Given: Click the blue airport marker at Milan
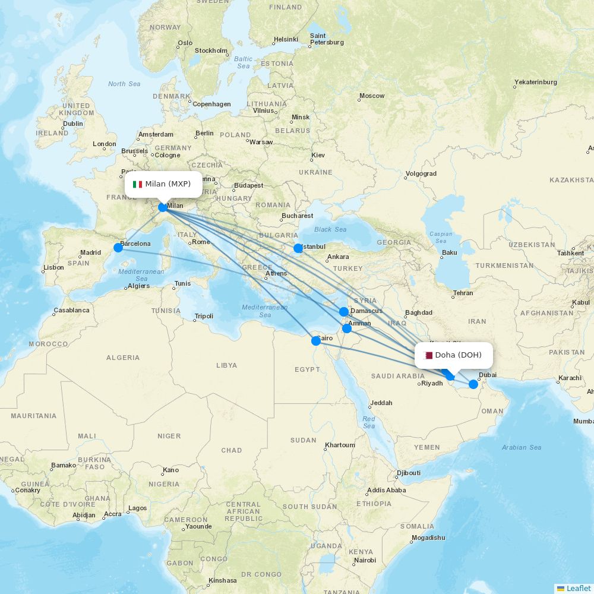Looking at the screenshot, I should point(163,207).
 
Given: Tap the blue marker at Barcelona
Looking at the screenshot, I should point(118,247).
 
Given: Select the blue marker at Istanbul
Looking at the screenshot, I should point(298,248).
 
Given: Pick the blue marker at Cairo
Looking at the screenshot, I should point(316,341).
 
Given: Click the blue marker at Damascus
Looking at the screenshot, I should point(344,312).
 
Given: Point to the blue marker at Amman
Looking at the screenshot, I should point(347,328).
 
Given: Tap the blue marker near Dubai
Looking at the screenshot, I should point(473,384).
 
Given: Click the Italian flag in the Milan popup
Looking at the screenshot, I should point(137,184).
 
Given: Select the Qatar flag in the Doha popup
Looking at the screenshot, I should point(428,355).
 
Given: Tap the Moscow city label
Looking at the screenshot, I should point(372,96).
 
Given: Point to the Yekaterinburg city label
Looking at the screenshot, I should point(535,82).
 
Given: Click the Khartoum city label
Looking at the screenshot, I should point(340,445).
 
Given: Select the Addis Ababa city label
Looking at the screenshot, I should point(386,490).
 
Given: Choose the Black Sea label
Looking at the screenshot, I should point(330,229).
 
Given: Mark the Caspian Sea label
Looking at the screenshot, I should point(440,237).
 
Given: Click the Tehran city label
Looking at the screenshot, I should point(463,293).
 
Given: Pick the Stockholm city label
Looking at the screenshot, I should point(211,50).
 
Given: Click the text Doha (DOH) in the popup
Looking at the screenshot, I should point(458,355).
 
